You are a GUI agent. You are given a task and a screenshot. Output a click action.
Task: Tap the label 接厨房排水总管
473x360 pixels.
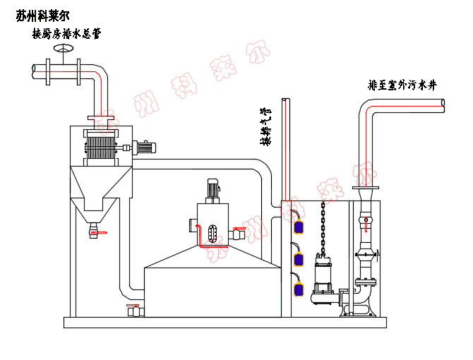66,34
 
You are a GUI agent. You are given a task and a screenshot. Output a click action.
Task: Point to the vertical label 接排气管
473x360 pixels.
265,127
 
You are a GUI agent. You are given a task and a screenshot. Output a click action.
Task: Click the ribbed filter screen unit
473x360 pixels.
101,148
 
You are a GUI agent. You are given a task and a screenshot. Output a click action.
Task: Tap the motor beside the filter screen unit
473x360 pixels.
145,148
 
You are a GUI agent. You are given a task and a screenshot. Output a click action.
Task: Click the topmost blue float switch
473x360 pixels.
299,225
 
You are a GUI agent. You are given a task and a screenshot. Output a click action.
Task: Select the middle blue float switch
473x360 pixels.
299,258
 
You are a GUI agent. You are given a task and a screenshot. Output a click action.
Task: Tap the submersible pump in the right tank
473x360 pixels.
324,282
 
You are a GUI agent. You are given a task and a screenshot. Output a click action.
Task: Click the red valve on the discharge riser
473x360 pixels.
366,224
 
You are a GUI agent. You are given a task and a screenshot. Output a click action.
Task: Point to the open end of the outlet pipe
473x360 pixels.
442,104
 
